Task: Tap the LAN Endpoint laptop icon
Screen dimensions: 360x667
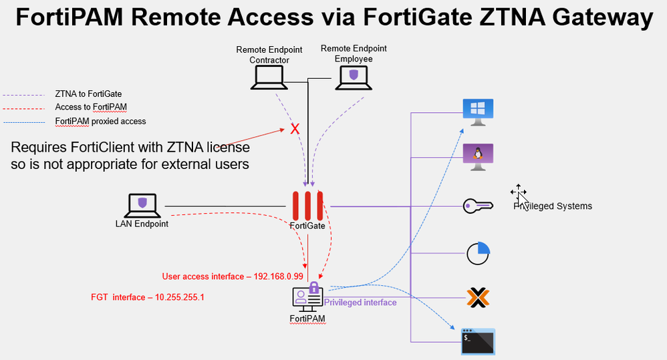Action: tap(141, 205)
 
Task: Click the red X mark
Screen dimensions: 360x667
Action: tap(294, 128)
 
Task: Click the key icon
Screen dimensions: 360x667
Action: tap(477, 206)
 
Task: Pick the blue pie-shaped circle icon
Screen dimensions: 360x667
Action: tap(479, 253)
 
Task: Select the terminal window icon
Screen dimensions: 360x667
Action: tap(478, 340)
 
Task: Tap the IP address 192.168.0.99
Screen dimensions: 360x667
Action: tap(279, 276)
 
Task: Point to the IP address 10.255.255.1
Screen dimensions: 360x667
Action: tap(179, 297)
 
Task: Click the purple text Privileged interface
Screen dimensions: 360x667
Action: tap(360, 303)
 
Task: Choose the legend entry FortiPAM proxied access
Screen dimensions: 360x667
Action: tap(100, 122)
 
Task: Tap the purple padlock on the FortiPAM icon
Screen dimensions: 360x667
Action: tap(314, 288)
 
